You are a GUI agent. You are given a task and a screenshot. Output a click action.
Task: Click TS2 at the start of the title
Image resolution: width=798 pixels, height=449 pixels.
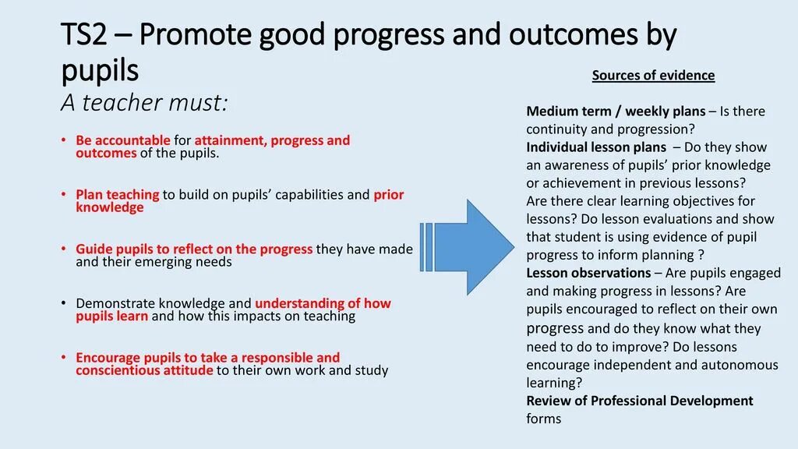(x=84, y=34)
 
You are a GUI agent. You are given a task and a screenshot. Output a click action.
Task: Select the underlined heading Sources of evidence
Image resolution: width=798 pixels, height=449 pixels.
(x=653, y=76)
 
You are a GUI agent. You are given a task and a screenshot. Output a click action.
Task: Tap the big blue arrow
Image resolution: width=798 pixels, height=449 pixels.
(x=467, y=247)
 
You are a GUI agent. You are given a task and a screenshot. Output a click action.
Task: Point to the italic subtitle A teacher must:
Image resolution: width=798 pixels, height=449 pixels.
(x=144, y=102)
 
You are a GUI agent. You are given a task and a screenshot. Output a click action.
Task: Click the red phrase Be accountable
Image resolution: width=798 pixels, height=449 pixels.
(x=122, y=140)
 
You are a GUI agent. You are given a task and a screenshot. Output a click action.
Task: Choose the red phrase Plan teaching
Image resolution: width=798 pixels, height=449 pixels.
(x=117, y=194)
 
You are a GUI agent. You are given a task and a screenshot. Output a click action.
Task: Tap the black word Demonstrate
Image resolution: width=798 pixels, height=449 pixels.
(x=115, y=303)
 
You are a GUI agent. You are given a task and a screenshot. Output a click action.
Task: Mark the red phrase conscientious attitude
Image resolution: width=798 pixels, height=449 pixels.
(x=144, y=370)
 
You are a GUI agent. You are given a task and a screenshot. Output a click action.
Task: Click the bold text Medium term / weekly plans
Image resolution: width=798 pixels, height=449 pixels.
(x=616, y=111)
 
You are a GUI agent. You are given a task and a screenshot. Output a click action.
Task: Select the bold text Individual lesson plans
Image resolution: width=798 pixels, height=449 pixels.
(x=596, y=147)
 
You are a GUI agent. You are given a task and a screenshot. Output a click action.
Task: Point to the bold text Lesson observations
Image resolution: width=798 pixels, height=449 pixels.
(x=588, y=273)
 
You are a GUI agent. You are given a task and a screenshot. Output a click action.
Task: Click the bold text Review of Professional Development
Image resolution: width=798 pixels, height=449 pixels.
(x=640, y=401)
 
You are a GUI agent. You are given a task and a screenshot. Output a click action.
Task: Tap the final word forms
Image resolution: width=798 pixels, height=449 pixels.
(x=543, y=419)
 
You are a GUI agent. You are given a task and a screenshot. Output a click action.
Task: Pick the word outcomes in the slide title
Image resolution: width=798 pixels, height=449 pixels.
(x=573, y=34)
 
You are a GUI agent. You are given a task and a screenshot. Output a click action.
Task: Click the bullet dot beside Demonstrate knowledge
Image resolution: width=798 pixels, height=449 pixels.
(x=63, y=303)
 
